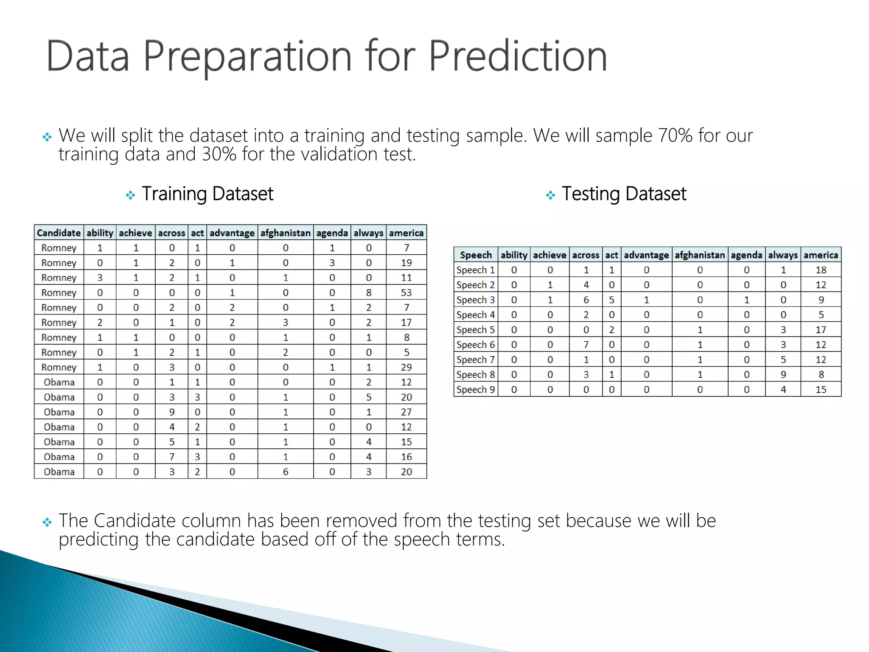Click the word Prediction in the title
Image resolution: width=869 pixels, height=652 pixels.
518,56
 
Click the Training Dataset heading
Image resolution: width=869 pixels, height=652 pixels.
207,194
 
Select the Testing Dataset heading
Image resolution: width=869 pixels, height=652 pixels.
624,194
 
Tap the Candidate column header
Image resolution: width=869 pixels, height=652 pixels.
59,233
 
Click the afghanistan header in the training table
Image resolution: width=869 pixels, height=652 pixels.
285,233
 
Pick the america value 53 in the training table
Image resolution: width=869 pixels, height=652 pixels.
406,293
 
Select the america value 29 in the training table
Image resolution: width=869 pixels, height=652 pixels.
406,368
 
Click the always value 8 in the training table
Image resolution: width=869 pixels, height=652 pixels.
368,293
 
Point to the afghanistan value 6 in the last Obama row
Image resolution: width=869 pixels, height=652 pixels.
285,472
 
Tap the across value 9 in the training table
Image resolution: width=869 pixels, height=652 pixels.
171,412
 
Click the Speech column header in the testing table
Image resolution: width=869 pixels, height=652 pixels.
476,255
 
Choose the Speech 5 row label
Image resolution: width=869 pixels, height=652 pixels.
475,330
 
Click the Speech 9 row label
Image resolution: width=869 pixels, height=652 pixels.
475,390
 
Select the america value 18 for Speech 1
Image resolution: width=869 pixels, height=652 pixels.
821,270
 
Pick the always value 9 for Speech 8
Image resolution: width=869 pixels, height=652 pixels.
783,375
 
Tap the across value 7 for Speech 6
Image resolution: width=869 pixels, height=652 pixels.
586,345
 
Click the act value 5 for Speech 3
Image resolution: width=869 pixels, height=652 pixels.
611,300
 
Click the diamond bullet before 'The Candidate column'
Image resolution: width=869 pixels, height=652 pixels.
47,522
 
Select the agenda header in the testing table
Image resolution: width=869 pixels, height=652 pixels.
746,255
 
